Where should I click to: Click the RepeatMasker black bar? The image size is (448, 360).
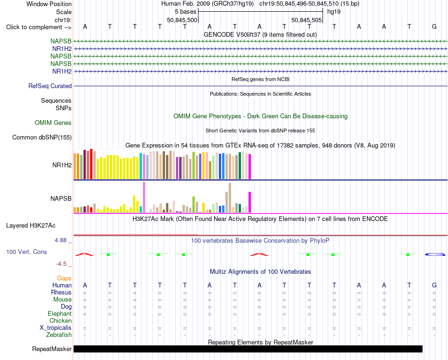[x=248, y=349]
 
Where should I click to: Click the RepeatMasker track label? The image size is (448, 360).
[x=52, y=349]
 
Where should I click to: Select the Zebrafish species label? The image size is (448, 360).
[x=59, y=335]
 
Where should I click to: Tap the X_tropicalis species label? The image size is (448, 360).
[x=56, y=328]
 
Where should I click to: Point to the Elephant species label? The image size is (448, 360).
[x=59, y=313]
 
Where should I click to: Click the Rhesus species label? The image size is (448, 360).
[x=61, y=292]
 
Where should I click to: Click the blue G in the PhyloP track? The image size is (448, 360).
[x=435, y=254]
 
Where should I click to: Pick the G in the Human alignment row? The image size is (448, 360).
[x=434, y=285]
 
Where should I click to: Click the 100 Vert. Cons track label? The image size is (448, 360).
[x=26, y=252]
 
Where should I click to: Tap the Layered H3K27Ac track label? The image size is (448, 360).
[x=31, y=226]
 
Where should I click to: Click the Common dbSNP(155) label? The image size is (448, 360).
[x=42, y=137]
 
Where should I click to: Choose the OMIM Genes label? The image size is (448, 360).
[x=53, y=123]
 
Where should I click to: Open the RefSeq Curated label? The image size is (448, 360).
[x=50, y=86]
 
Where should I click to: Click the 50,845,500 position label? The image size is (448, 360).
[x=182, y=20]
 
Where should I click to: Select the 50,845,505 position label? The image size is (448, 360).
[x=307, y=20]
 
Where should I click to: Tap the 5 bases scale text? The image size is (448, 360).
[x=186, y=12]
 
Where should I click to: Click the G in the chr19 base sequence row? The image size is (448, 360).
[x=434, y=26]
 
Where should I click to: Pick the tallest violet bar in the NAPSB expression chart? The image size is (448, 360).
[x=144, y=197]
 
